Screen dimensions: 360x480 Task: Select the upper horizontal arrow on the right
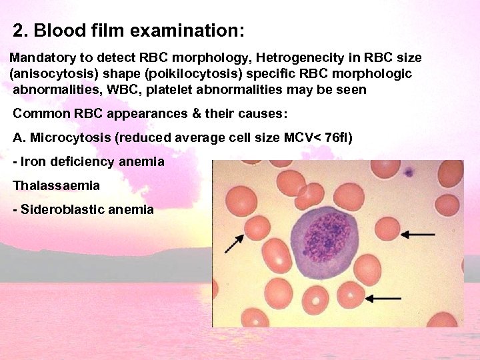[x=418, y=234]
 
